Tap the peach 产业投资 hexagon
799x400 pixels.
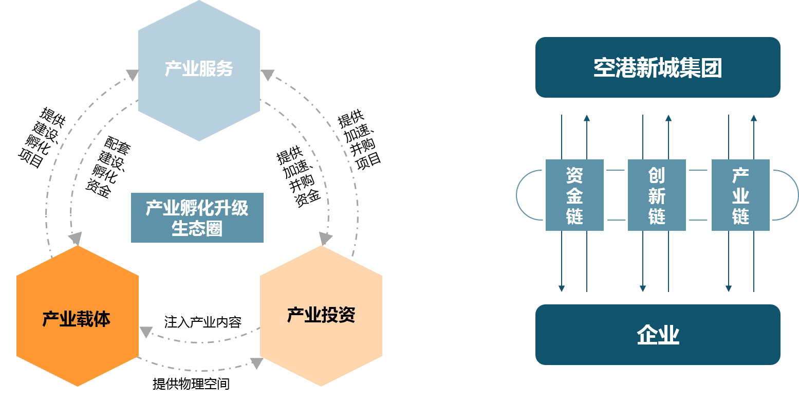point(321,315)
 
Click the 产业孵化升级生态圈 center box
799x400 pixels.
point(197,217)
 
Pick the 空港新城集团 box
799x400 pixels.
point(658,67)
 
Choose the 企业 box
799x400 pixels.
point(658,335)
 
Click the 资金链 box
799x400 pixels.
point(574,195)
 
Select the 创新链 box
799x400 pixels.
point(657,195)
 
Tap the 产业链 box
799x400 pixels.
point(740,195)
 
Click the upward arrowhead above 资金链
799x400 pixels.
point(587,118)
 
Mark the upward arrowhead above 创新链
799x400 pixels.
point(668,118)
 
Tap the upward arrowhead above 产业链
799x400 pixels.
point(753,118)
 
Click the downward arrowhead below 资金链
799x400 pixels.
point(562,288)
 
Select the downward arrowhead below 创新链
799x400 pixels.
point(643,288)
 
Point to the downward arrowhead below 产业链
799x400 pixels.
point(728,288)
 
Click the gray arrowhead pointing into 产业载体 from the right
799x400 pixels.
point(146,332)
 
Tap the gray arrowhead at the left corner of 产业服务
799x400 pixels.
point(132,76)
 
